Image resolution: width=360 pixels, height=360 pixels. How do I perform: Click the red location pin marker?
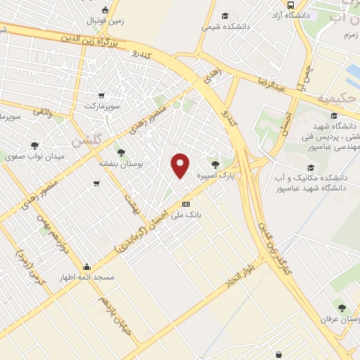point(181,165)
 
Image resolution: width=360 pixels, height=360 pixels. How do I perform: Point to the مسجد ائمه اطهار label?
point(86,278)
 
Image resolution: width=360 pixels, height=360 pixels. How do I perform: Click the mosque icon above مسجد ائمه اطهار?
point(86,267)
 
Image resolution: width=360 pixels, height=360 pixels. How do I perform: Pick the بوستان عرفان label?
point(341,319)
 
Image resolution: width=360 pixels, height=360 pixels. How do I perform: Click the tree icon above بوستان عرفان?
point(342,307)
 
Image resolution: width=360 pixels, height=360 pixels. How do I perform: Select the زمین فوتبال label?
point(105,20)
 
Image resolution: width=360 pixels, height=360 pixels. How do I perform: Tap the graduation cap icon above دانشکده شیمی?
point(225,15)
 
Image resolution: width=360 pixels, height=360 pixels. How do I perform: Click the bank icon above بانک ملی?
point(186,204)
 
